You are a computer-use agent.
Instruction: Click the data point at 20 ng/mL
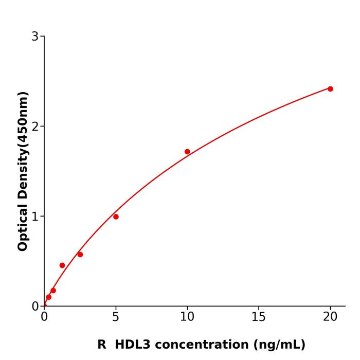coord(330,89)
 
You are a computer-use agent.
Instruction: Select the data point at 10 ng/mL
coord(187,152)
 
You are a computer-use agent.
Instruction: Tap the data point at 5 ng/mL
coord(116,217)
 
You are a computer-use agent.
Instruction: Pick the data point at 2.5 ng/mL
coord(80,255)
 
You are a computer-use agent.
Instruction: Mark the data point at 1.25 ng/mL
coord(62,265)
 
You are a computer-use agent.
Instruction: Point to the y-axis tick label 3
coord(35,37)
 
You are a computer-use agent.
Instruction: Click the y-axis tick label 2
coord(35,127)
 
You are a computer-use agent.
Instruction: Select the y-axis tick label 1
coord(35,217)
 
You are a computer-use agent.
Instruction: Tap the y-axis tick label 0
coord(35,307)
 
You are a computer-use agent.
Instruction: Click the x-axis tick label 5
coord(116,317)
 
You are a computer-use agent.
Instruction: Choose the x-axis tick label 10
coord(187,317)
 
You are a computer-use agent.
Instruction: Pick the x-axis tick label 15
coord(259,317)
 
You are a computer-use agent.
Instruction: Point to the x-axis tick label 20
coord(330,317)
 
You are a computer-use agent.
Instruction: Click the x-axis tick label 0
coord(44,317)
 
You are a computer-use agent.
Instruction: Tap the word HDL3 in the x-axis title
coord(132,345)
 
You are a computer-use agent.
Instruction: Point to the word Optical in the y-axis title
coord(23,227)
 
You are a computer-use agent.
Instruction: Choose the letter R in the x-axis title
coord(102,345)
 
